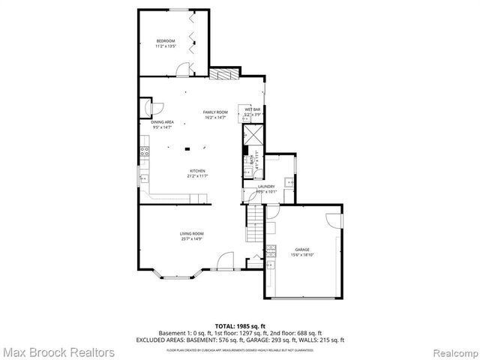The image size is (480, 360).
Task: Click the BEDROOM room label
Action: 165,40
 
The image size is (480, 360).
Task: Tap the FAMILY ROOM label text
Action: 215,112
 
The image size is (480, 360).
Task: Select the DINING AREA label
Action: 163,122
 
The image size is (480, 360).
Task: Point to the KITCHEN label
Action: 197,170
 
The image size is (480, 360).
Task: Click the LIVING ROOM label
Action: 191,234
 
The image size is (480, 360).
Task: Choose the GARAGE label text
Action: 302,250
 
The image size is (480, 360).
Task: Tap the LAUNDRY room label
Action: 266,187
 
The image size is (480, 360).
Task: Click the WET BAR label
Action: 252,109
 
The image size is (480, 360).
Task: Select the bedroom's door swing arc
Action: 183,70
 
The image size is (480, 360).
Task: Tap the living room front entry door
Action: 223,262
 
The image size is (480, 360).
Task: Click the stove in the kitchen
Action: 144,153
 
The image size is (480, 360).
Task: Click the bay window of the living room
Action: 175,274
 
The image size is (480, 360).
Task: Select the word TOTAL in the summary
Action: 225,326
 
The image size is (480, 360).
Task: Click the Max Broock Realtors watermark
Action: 58,351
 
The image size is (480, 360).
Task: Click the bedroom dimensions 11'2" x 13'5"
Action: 165,46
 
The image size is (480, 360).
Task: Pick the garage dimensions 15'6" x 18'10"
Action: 302,255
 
